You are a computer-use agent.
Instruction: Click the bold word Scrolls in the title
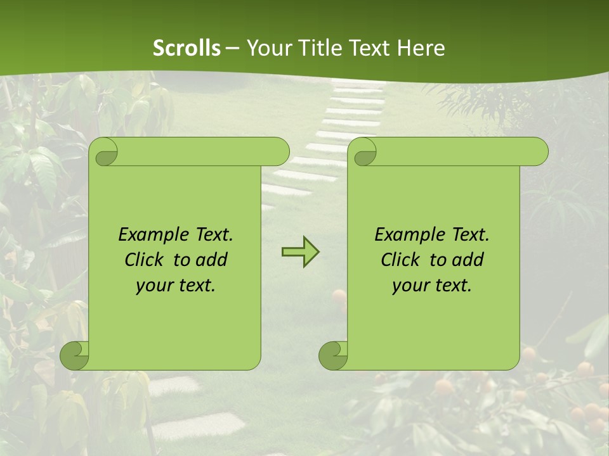(187, 48)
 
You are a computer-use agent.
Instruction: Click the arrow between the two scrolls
(300, 252)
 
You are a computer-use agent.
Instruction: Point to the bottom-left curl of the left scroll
(75, 355)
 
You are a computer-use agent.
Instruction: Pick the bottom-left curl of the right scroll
(333, 355)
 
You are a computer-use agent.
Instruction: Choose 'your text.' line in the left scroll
(176, 286)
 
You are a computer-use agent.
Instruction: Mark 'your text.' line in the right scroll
(432, 286)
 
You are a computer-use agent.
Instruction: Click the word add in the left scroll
(212, 260)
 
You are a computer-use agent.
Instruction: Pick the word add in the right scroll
(468, 260)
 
